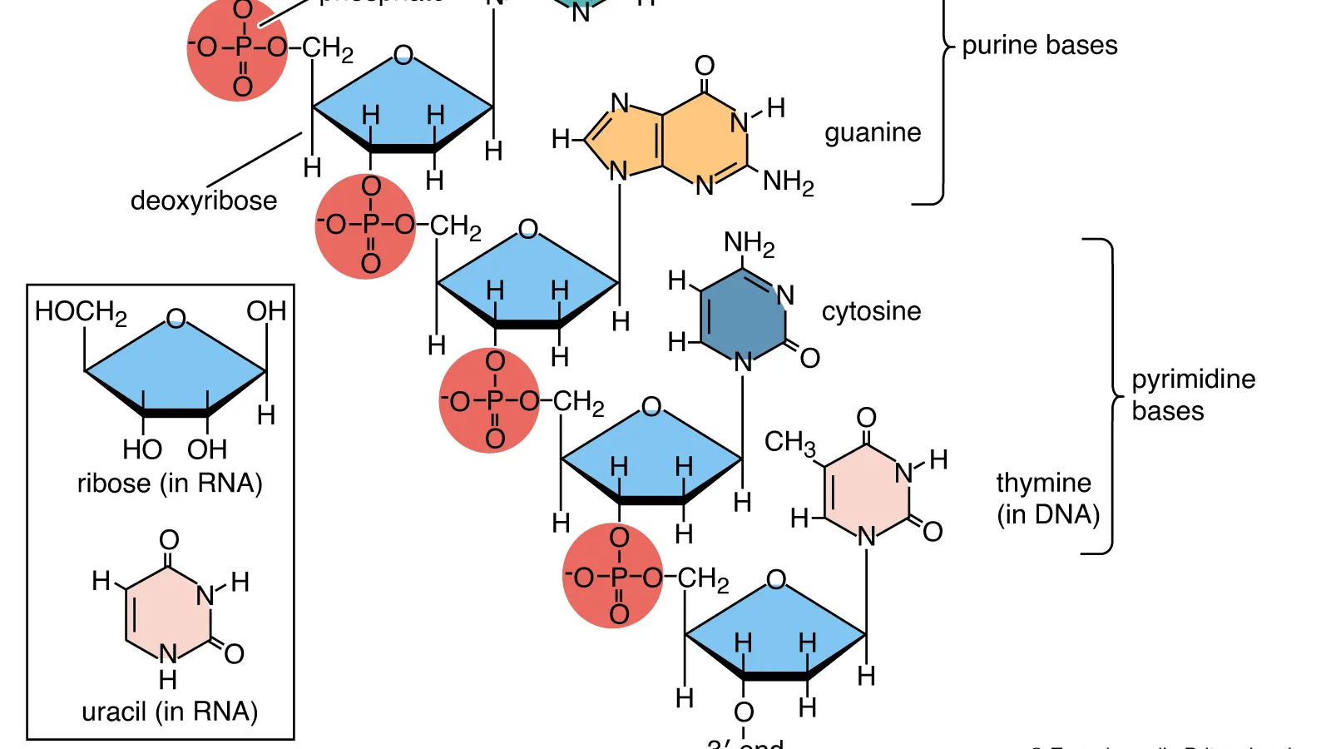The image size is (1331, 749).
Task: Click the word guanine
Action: tap(873, 133)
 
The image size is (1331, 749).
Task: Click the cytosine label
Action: tap(871, 311)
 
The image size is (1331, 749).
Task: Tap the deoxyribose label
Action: tap(204, 201)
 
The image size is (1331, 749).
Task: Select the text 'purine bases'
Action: tap(1039, 45)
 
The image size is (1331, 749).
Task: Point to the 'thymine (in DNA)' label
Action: tap(1046, 498)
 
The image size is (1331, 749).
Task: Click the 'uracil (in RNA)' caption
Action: tap(170, 712)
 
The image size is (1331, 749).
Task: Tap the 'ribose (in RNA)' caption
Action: tap(170, 483)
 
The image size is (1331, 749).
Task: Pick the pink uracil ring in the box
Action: tap(169, 613)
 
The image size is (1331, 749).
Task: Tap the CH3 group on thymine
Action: tap(789, 442)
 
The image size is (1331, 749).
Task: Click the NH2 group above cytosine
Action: tap(749, 243)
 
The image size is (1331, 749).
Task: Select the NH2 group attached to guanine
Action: tap(788, 181)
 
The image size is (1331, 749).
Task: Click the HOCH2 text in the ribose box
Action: tap(81, 312)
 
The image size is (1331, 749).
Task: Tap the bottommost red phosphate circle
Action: tap(613, 576)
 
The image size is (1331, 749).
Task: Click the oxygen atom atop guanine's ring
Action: tap(705, 66)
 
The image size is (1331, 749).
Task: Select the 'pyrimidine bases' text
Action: tap(1192, 394)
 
